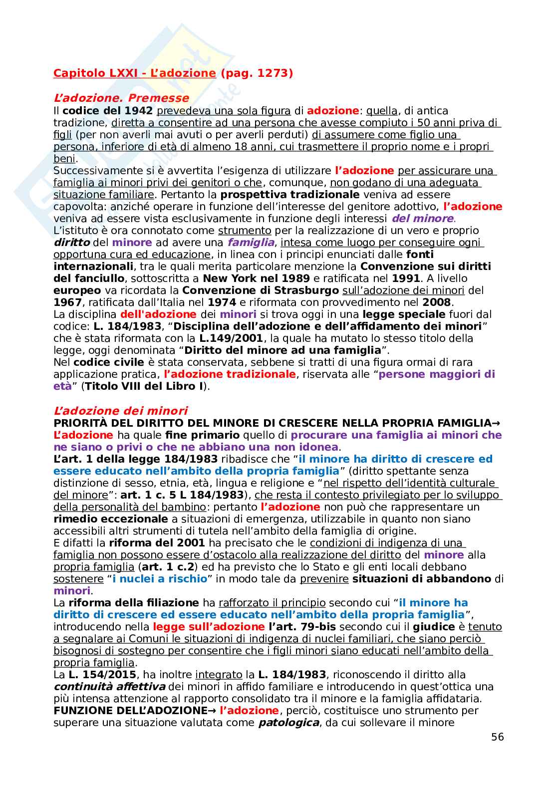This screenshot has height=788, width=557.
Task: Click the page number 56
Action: pyautogui.click(x=497, y=737)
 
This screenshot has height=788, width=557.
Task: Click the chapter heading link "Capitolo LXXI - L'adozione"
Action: pyautogui.click(x=134, y=73)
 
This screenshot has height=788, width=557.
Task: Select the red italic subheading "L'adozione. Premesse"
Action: pyautogui.click(x=121, y=98)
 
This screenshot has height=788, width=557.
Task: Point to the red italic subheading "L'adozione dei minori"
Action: pyautogui.click(x=120, y=411)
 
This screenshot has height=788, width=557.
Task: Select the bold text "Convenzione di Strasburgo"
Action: pyautogui.click(x=261, y=290)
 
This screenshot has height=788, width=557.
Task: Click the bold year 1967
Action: pyautogui.click(x=67, y=302)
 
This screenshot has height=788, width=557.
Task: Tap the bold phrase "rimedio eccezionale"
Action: pyautogui.click(x=111, y=519)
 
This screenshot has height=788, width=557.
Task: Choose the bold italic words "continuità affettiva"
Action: pyautogui.click(x=109, y=687)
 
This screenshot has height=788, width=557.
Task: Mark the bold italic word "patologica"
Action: pyautogui.click(x=288, y=723)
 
